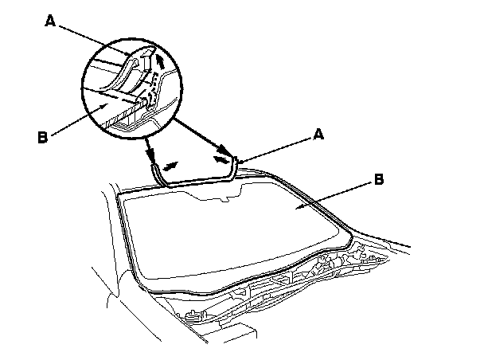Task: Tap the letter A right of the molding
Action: point(318,136)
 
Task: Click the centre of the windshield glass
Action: point(231,231)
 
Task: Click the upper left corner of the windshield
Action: point(128,197)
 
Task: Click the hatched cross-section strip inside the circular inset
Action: point(127,120)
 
